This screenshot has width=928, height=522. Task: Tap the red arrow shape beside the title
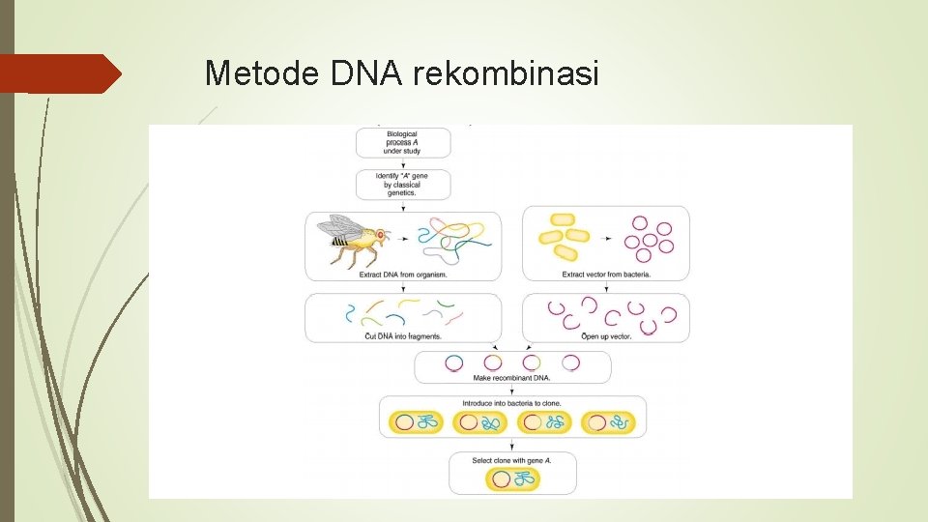pos(60,73)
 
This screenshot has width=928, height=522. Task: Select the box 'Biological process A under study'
pos(402,142)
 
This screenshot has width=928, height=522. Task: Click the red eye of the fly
pos(380,235)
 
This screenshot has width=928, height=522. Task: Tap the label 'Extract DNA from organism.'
pos(402,275)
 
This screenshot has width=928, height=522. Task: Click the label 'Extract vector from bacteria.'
pos(606,275)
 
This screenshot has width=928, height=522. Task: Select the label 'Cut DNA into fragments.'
pos(402,335)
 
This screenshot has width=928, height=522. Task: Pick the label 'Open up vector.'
pos(606,335)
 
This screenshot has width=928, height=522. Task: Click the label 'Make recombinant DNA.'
pos(512,378)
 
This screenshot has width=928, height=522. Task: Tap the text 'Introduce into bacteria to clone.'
pos(512,403)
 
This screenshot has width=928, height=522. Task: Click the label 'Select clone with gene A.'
pos(512,461)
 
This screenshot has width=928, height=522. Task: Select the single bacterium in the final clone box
pos(512,478)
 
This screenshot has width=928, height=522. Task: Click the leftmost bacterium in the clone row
pos(417,422)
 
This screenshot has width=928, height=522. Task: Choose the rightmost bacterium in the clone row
pos(609,422)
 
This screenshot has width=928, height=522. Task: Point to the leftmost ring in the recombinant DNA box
pos(453,362)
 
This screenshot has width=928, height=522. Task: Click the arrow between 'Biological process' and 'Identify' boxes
pos(402,164)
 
